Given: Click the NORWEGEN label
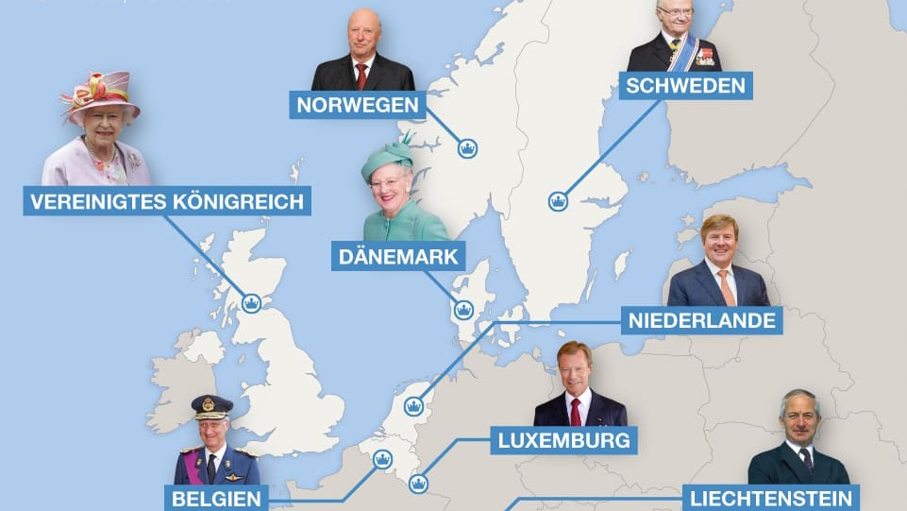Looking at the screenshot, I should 358,104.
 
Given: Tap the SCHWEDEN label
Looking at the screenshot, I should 686,86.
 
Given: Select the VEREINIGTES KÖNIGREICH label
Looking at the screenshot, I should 167,201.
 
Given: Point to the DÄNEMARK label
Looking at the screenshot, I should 399,256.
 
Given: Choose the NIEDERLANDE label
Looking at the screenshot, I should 702,320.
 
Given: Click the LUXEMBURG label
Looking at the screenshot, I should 564,439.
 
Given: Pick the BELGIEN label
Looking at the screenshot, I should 216,497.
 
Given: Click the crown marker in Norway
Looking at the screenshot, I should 466,147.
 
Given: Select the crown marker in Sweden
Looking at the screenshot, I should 558,200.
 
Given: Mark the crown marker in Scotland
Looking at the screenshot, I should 251,303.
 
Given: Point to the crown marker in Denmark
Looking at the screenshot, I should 463,309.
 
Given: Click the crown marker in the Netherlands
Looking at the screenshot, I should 412,406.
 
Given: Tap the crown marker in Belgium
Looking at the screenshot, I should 382,459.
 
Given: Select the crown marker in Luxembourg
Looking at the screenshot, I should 417,485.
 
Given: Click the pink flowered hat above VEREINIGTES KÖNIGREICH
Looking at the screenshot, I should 99,94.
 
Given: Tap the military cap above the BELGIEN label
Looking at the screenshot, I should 211,406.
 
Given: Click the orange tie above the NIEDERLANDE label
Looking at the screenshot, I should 726,286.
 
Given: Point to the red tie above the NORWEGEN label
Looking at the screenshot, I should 361,76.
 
